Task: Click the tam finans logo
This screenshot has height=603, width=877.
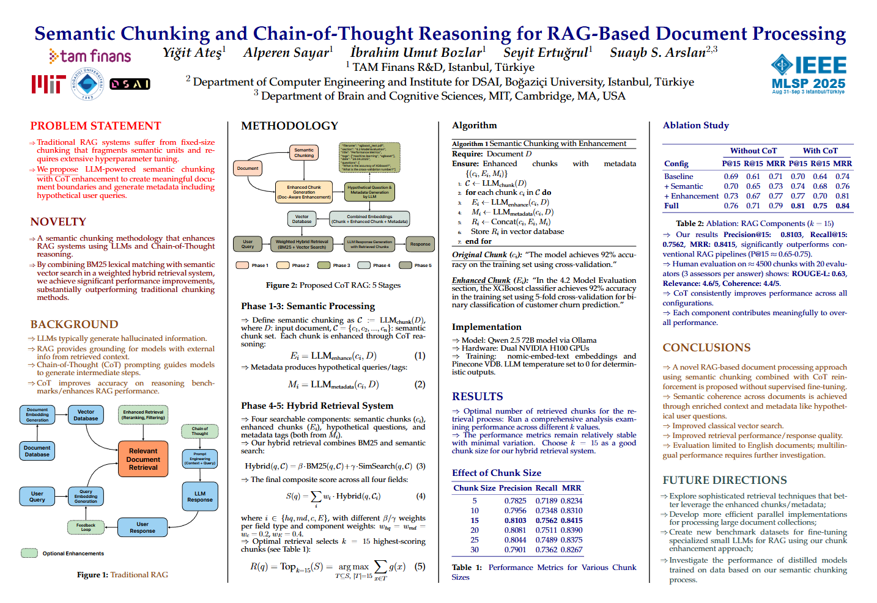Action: (x=90, y=57)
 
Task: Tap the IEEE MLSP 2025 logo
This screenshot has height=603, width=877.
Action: (x=809, y=74)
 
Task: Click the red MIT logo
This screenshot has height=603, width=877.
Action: (x=48, y=84)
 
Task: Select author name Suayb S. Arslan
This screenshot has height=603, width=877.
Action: (x=658, y=53)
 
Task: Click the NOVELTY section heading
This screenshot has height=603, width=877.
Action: (x=58, y=222)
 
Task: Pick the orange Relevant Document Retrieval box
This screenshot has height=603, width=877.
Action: (x=143, y=459)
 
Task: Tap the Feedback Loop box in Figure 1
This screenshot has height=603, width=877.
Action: (x=86, y=526)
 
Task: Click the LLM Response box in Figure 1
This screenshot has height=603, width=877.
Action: (x=200, y=497)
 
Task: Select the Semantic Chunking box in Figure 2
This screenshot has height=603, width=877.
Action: (x=304, y=153)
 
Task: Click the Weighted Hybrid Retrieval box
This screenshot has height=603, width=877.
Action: (x=302, y=244)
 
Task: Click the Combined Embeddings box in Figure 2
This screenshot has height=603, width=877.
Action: (x=369, y=219)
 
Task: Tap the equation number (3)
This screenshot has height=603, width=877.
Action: (x=421, y=466)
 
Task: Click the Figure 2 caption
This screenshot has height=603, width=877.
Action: (x=333, y=285)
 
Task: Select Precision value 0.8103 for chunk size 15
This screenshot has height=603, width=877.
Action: (x=515, y=521)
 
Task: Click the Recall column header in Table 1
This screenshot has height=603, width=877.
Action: (x=546, y=488)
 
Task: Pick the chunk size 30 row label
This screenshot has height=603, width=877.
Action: (x=475, y=550)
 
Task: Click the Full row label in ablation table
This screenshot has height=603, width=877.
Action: (x=671, y=206)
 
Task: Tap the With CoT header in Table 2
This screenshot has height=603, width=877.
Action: (x=820, y=151)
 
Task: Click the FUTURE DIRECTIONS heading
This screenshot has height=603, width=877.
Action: (x=725, y=480)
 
